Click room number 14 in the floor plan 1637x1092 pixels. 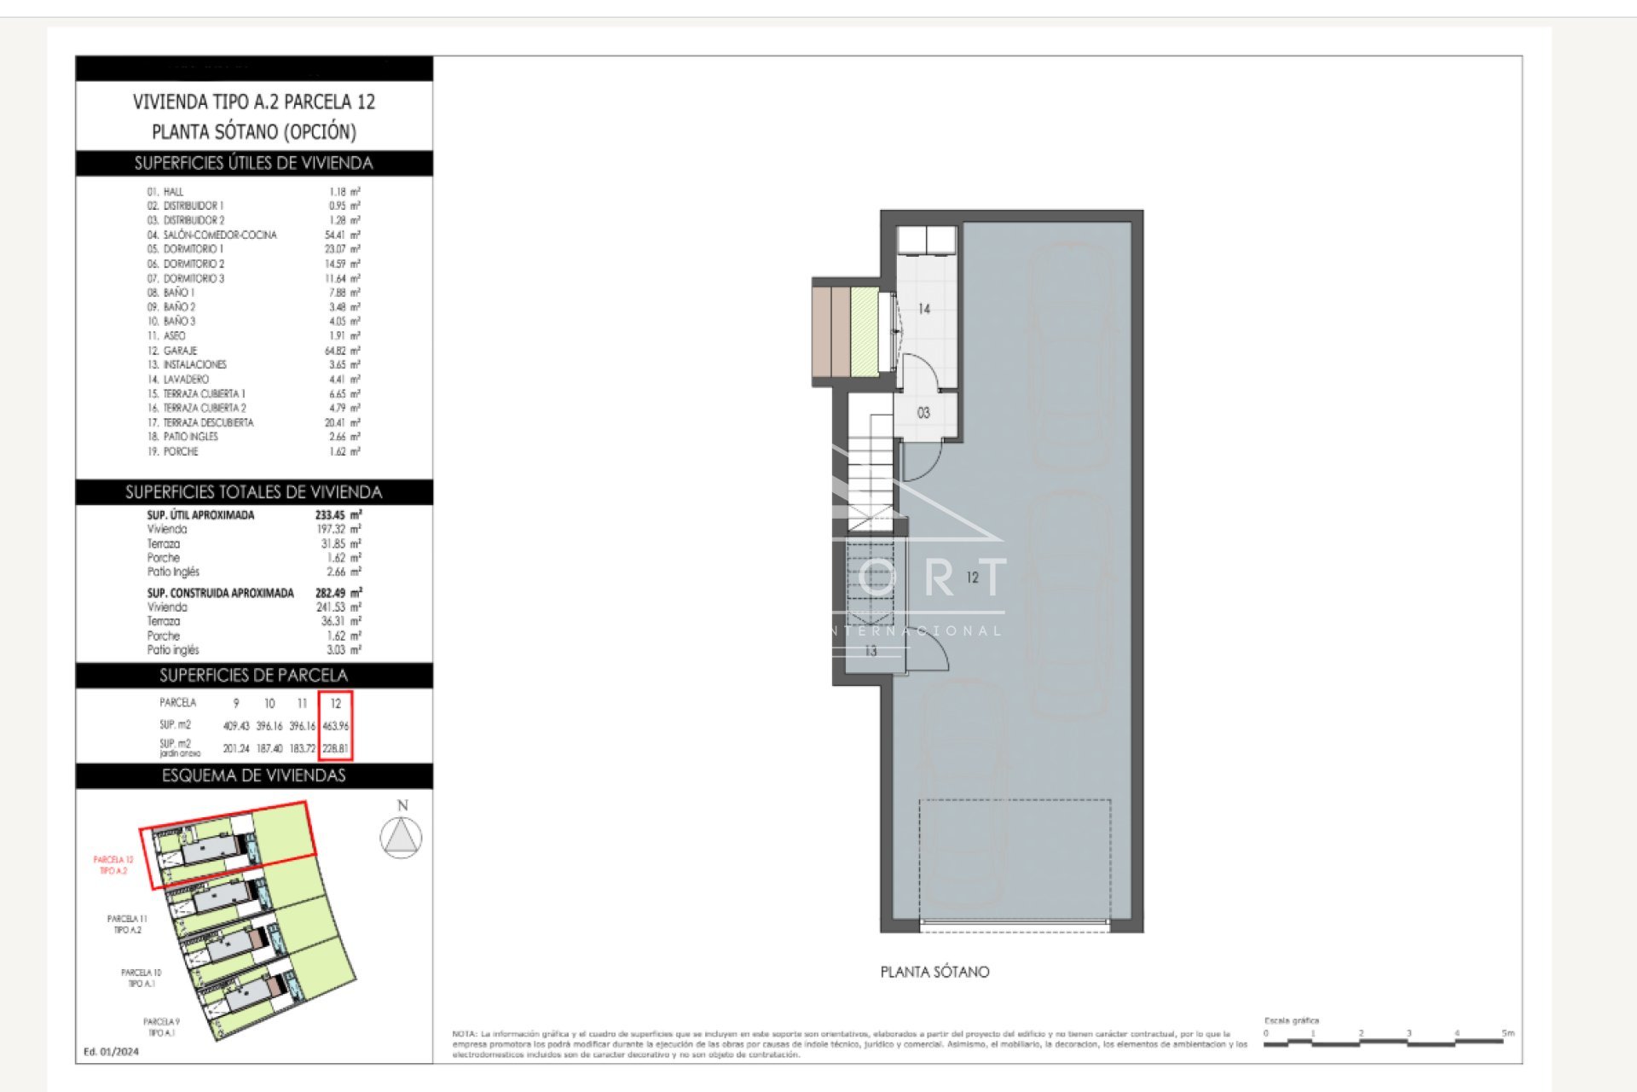[924, 309]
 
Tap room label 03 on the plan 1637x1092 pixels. [923, 413]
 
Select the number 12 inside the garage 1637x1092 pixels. [973, 578]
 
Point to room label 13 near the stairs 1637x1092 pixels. [871, 651]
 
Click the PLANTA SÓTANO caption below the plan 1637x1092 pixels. [934, 972]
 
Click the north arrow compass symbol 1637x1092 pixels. [401, 836]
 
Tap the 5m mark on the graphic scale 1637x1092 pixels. [1508, 1034]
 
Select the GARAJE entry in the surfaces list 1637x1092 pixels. [180, 351]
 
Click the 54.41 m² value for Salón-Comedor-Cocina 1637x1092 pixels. [344, 235]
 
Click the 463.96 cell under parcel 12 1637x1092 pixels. [336, 726]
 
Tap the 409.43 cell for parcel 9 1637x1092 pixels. [235, 726]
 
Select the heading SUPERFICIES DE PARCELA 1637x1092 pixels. [253, 676]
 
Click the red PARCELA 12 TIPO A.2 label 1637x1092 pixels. [113, 865]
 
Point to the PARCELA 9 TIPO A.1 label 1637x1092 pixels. [161, 1027]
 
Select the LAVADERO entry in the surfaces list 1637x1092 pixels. [186, 380]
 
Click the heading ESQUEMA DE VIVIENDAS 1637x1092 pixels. [253, 775]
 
